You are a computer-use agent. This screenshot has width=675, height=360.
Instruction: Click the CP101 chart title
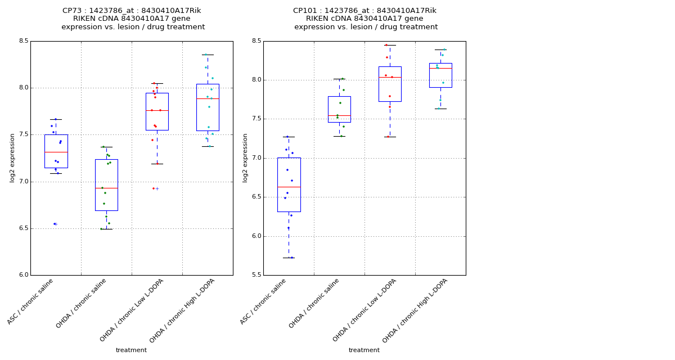pos(365,19)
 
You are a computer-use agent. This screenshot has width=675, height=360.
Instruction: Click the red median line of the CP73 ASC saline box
pos(56,152)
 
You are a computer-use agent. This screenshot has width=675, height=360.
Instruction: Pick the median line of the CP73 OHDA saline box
pos(106,188)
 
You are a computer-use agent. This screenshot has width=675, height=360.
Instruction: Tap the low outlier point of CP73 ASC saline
pos(55,224)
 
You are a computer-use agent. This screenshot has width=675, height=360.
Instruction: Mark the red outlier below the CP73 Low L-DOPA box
pos(154,188)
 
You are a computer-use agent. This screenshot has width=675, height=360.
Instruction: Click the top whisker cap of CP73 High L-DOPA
pos(208,55)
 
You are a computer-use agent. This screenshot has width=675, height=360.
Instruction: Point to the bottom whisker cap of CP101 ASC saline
pos(289,258)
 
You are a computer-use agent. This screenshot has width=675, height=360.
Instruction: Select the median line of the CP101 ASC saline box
pos(289,187)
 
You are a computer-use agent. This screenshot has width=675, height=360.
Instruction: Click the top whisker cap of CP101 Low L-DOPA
pos(390,45)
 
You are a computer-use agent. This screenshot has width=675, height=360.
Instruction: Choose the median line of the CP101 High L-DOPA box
pos(440,68)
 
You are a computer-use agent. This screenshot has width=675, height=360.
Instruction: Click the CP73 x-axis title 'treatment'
pos(131,350)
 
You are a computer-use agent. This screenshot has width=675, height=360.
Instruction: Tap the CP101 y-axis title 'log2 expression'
pos(245,157)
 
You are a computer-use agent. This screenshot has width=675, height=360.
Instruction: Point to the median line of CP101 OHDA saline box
pos(339,115)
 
